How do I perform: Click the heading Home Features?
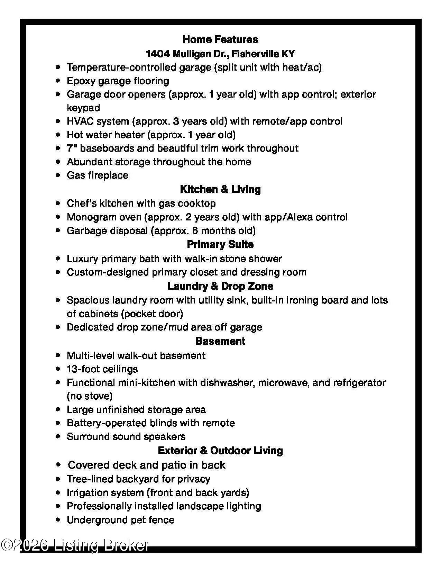pos(220,39)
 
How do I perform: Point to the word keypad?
pos(83,108)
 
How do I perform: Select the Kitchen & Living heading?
pos(220,189)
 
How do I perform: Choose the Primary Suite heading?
pos(220,244)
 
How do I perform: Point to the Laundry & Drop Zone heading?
pos(220,286)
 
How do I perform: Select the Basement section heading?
pos(220,341)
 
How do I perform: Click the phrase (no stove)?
pos(90,396)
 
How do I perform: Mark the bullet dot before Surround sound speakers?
pos(58,437)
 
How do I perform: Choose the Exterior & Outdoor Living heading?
pos(220,451)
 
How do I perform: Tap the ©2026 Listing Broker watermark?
pos(75,545)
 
